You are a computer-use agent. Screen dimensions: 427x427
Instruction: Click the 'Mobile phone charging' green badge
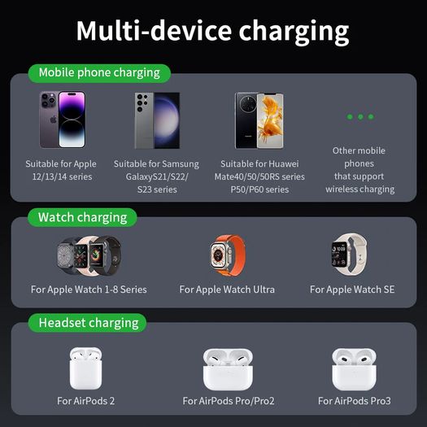tap(99, 73)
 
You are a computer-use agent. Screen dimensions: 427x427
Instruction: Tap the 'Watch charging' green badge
tap(82, 217)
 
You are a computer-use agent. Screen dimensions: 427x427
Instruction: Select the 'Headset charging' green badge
tap(88, 323)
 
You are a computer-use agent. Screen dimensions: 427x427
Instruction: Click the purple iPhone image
tap(63, 120)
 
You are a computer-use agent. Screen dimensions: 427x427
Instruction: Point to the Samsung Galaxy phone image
tap(157, 120)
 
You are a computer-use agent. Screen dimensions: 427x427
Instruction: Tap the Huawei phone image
tap(259, 120)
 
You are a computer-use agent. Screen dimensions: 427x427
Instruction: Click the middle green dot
tap(360, 117)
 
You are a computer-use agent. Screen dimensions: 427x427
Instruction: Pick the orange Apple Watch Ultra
tap(228, 255)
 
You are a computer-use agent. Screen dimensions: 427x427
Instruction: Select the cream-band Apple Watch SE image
tap(350, 254)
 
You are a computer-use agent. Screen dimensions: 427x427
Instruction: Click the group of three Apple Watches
tap(89, 255)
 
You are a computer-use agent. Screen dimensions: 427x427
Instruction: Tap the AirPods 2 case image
tap(85, 368)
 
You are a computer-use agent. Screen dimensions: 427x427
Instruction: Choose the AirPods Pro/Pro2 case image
tap(228, 369)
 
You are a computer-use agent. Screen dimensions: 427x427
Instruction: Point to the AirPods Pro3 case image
tap(354, 369)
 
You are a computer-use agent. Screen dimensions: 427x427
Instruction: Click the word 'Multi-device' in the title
tap(154, 31)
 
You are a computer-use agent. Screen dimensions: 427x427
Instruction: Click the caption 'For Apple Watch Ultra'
tap(227, 290)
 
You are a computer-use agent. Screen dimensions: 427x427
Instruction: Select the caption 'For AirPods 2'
tap(85, 401)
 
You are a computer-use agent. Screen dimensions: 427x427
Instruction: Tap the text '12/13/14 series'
tap(63, 176)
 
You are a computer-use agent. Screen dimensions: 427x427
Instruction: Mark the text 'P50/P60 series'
tap(259, 190)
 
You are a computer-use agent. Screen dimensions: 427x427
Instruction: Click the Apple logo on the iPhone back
tap(54, 119)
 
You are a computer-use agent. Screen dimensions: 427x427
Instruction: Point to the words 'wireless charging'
tap(360, 190)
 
